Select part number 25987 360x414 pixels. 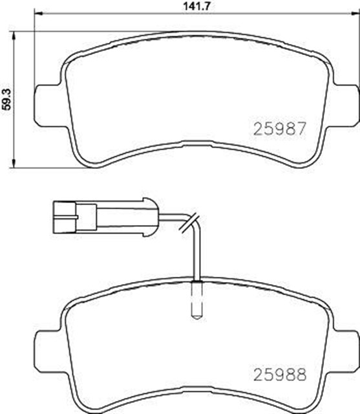tap(279, 128)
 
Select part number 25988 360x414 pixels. tap(279, 373)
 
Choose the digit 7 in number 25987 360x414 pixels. tap(299, 128)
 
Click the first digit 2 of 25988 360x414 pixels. tap(257, 373)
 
